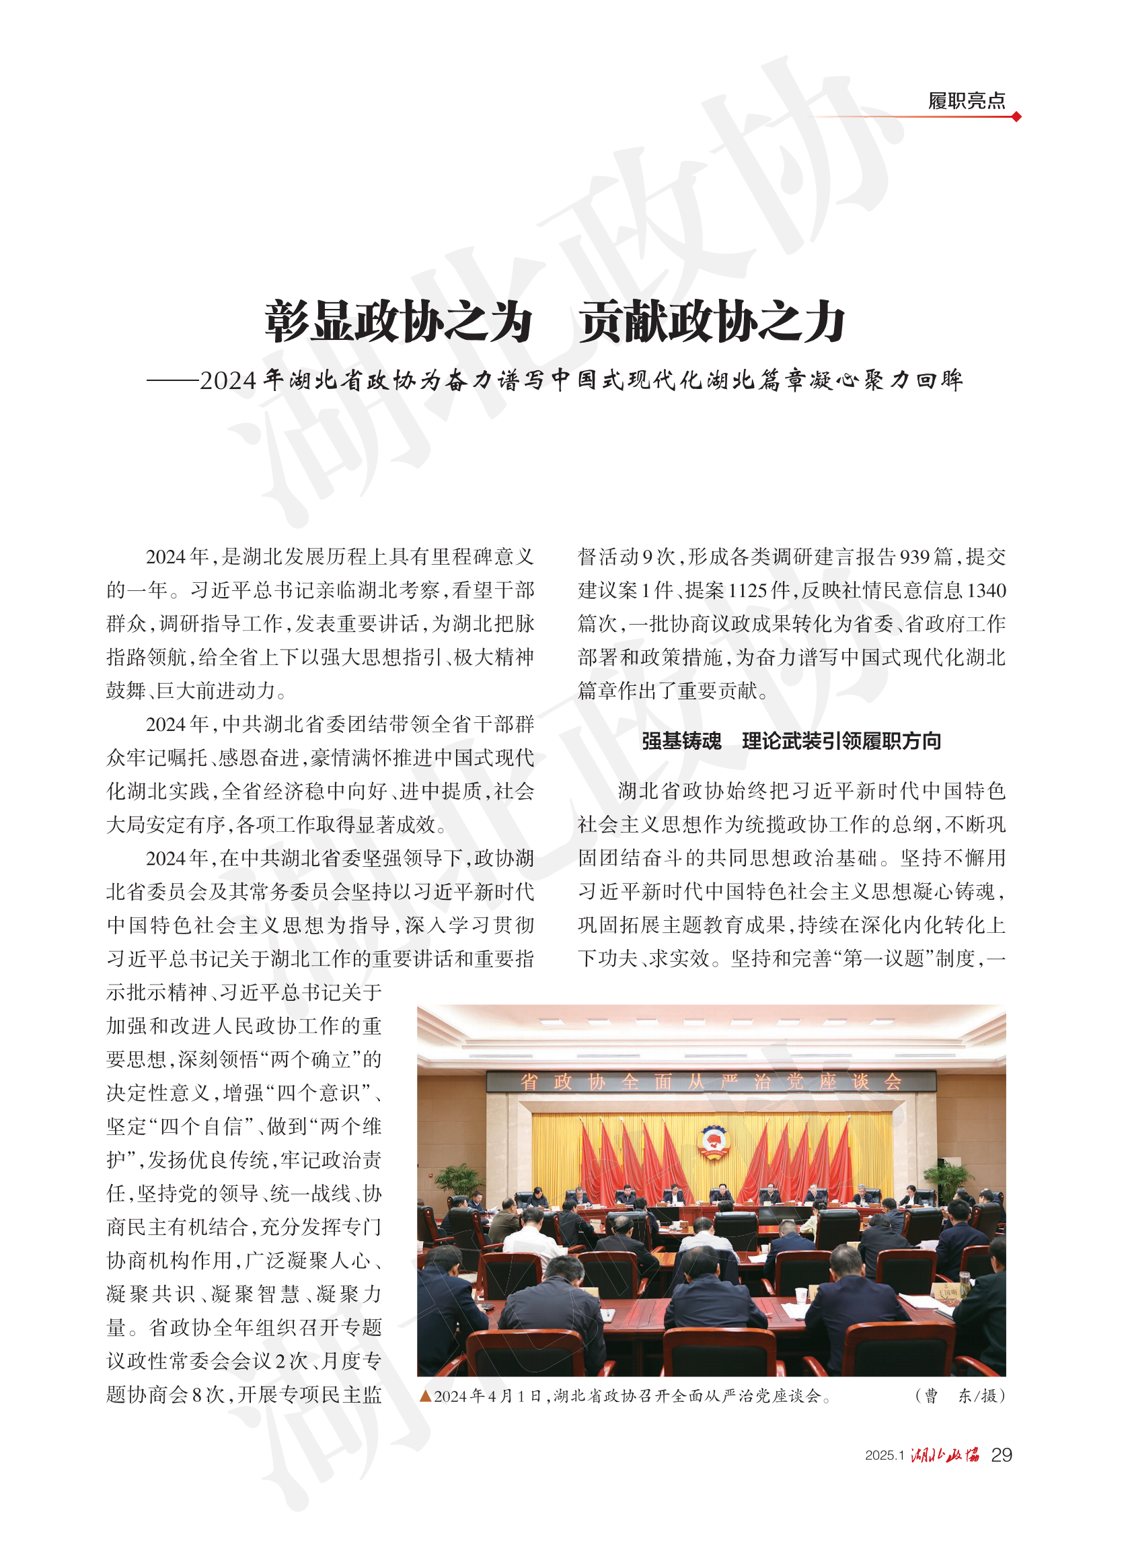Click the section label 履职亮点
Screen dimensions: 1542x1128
click(965, 101)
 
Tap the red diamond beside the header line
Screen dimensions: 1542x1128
click(1016, 117)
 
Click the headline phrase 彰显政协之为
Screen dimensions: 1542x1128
click(398, 322)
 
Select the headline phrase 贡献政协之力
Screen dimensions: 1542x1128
click(712, 322)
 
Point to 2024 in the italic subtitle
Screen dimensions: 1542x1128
click(228, 380)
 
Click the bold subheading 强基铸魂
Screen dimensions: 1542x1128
click(681, 740)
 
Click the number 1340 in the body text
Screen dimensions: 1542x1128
click(987, 590)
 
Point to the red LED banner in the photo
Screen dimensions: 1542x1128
click(711, 1082)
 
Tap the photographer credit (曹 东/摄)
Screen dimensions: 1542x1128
click(959, 1396)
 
